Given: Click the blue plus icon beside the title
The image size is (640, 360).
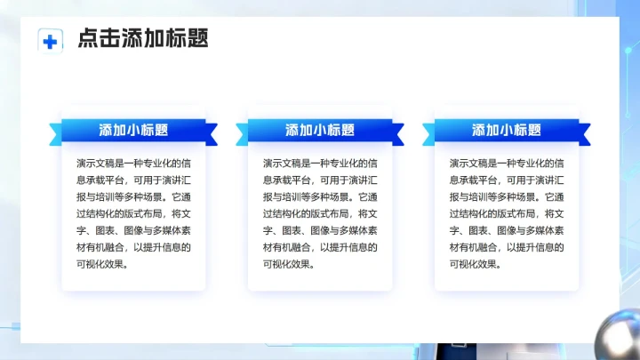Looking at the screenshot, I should pos(51,40).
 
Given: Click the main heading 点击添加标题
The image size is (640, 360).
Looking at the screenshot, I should pos(143,38).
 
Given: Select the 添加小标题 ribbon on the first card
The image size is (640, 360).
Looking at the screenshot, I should pos(133,131).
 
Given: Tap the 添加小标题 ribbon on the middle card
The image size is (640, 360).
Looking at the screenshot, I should pos(320,131).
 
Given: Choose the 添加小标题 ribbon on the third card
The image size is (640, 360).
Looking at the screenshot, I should pos(507,131).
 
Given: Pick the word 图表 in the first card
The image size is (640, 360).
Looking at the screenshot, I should pos(112,230).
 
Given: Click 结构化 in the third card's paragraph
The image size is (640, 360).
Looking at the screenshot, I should pos(478,214).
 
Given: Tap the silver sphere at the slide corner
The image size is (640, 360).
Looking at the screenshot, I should pos(622,336).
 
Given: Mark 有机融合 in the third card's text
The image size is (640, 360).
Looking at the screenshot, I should pos(489,247).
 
